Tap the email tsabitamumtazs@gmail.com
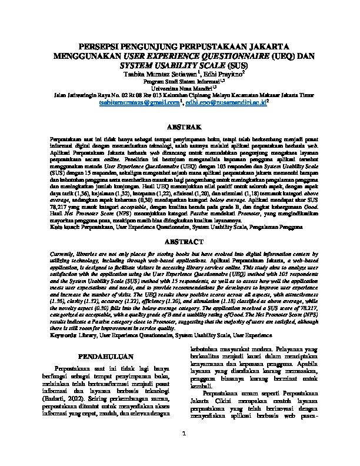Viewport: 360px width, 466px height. click(x=147, y=102)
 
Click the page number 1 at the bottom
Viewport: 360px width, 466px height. click(x=184, y=451)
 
